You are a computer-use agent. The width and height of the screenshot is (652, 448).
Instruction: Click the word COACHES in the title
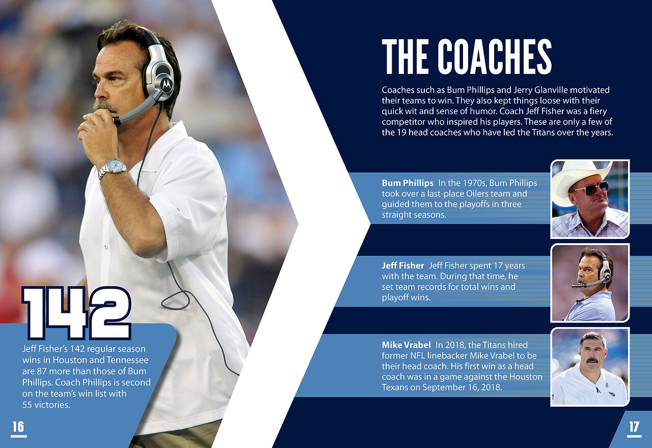coord(495,56)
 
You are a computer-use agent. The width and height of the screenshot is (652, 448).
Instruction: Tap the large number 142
coord(76,313)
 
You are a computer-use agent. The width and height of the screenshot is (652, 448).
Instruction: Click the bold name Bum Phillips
coord(407,183)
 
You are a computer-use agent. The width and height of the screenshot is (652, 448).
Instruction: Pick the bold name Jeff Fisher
coord(403,266)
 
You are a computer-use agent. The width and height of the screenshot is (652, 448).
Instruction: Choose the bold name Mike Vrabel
coord(406,345)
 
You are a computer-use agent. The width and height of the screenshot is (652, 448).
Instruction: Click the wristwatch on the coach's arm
coord(113,168)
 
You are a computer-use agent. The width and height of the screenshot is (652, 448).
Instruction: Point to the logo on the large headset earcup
coord(166,85)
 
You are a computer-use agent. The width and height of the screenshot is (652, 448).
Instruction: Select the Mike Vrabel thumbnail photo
coord(590,367)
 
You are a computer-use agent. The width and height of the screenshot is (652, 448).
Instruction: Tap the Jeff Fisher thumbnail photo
coord(590,283)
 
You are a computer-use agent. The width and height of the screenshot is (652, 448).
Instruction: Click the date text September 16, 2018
coord(461,387)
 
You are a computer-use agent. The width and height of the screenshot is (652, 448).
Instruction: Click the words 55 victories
coord(46,405)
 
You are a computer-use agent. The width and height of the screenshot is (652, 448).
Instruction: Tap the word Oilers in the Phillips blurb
coord(479,194)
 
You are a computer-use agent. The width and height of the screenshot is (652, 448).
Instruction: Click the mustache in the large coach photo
coord(105,106)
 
